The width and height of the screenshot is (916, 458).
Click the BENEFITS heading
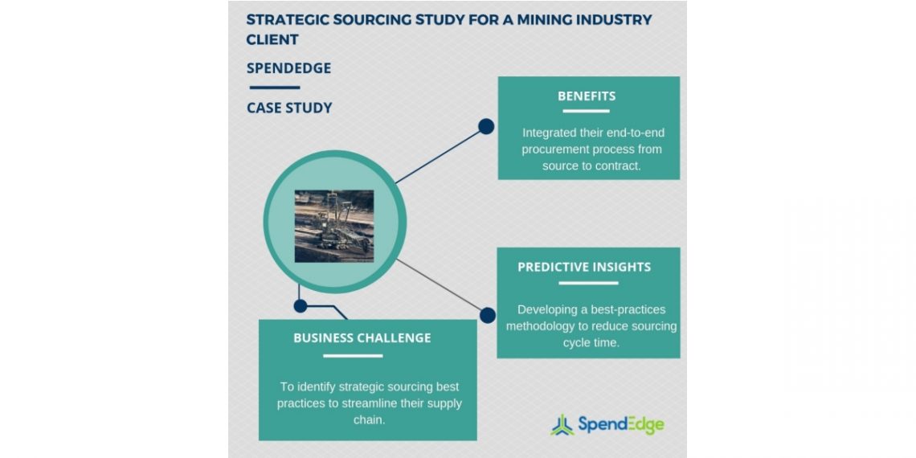(587, 96)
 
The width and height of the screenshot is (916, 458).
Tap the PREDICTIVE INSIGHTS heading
(584, 268)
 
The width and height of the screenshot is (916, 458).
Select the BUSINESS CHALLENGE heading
(362, 338)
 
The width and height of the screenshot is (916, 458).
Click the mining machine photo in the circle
(334, 226)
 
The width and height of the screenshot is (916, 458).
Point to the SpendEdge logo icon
(562, 424)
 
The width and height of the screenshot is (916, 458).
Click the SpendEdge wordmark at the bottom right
(620, 424)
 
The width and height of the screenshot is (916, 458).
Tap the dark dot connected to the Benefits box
(486, 126)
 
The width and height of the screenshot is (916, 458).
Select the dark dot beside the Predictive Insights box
(487, 316)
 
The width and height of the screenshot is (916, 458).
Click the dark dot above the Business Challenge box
(301, 305)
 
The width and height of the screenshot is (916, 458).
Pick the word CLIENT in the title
(272, 39)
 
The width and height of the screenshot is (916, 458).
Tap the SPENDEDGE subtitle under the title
(288, 68)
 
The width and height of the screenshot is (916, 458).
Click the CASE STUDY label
(289, 108)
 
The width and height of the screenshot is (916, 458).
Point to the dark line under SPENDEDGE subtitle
(274, 88)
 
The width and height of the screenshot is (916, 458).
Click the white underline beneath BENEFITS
(587, 111)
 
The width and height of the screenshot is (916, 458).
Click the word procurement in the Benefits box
(562, 149)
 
